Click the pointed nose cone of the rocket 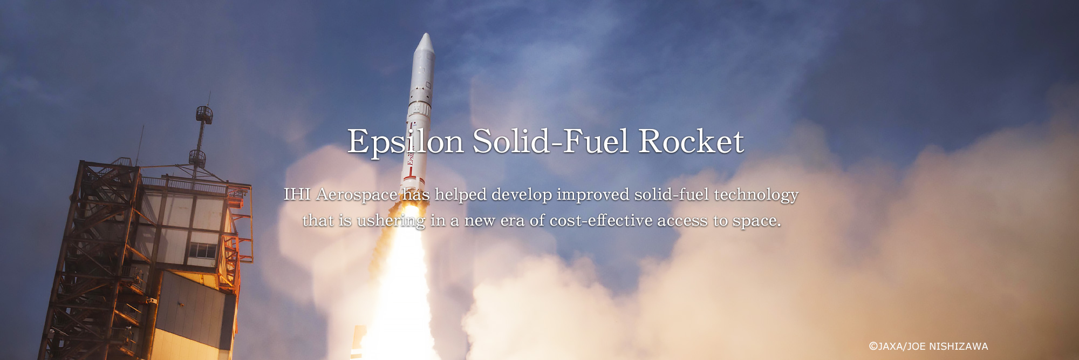tap(425, 44)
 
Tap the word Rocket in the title tap(691, 141)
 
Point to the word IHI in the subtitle tap(297, 194)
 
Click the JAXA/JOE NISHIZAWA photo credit tap(928, 347)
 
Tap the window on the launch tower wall tap(202, 251)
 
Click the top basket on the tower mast tap(204, 114)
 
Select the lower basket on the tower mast tap(197, 158)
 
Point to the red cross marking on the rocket tap(411, 175)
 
